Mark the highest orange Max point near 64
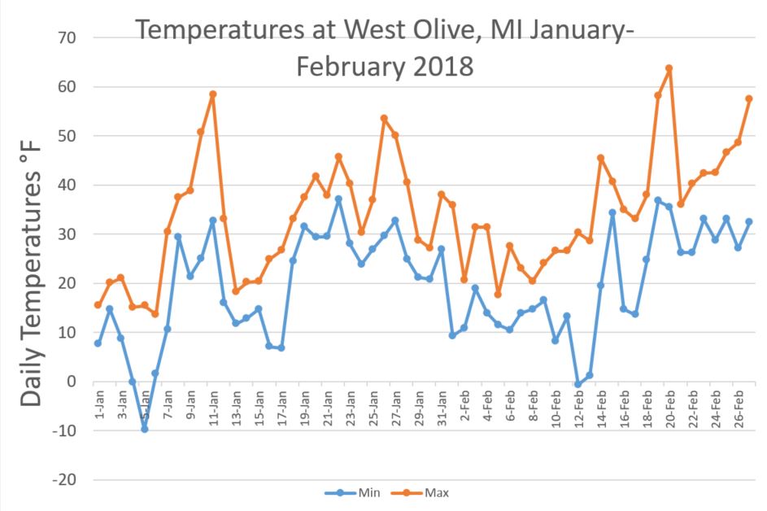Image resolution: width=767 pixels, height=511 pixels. click(x=669, y=68)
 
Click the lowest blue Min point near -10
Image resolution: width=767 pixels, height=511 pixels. click(x=145, y=429)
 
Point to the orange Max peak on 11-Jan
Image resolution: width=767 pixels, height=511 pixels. click(x=212, y=94)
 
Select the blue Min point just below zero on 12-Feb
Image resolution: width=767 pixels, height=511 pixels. click(x=578, y=384)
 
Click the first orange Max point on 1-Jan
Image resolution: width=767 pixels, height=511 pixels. click(x=98, y=305)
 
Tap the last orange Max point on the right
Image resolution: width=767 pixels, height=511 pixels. click(x=748, y=98)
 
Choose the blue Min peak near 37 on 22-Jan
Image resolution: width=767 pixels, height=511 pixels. click(x=338, y=199)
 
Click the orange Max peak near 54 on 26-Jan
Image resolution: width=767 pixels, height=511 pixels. click(x=384, y=119)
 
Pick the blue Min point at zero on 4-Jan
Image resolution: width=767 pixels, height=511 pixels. click(x=133, y=382)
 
